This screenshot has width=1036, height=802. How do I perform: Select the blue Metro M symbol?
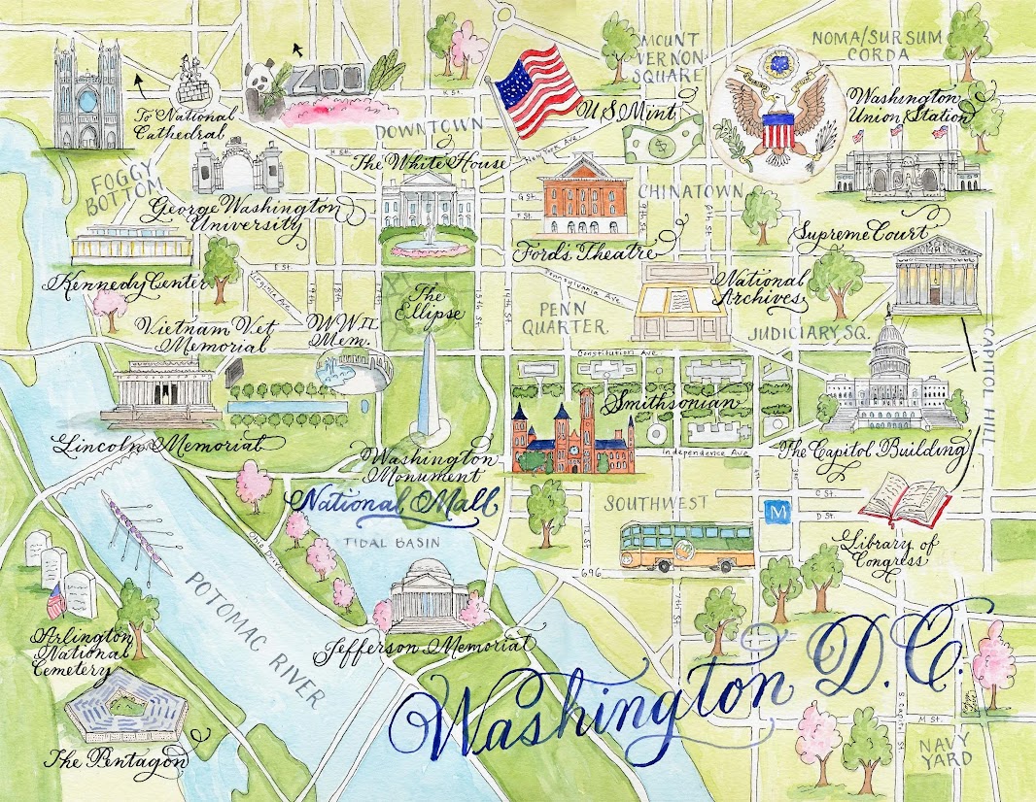coord(777,511)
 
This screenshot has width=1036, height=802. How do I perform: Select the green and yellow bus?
coord(687,546)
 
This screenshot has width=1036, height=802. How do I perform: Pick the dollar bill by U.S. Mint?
coord(662,139)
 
